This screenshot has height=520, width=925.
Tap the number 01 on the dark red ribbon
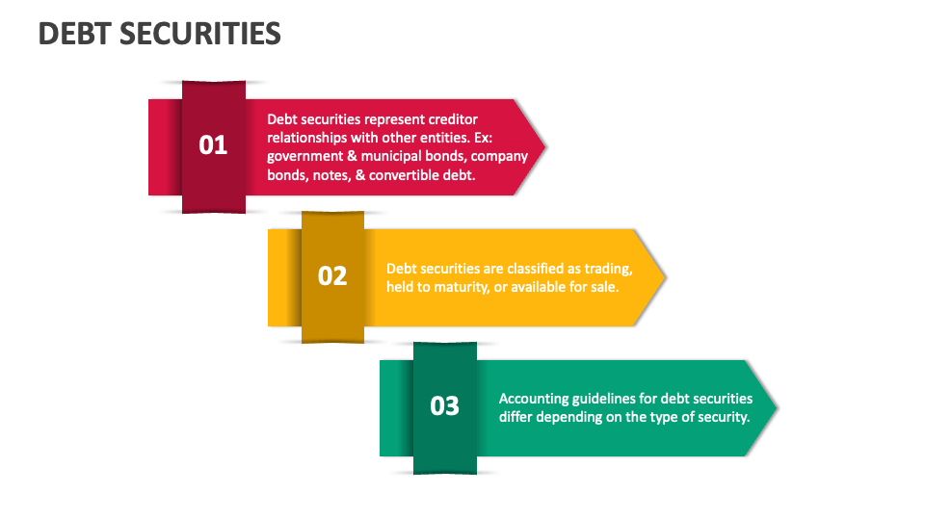[213, 145]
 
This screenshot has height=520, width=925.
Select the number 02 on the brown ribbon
[332, 275]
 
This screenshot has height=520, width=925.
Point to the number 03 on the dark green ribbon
[444, 405]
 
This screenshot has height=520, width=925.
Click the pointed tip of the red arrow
[544, 147]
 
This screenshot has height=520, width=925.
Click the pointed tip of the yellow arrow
[664, 277]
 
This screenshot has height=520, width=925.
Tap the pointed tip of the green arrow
[776, 407]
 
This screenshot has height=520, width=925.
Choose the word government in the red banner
[304, 156]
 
